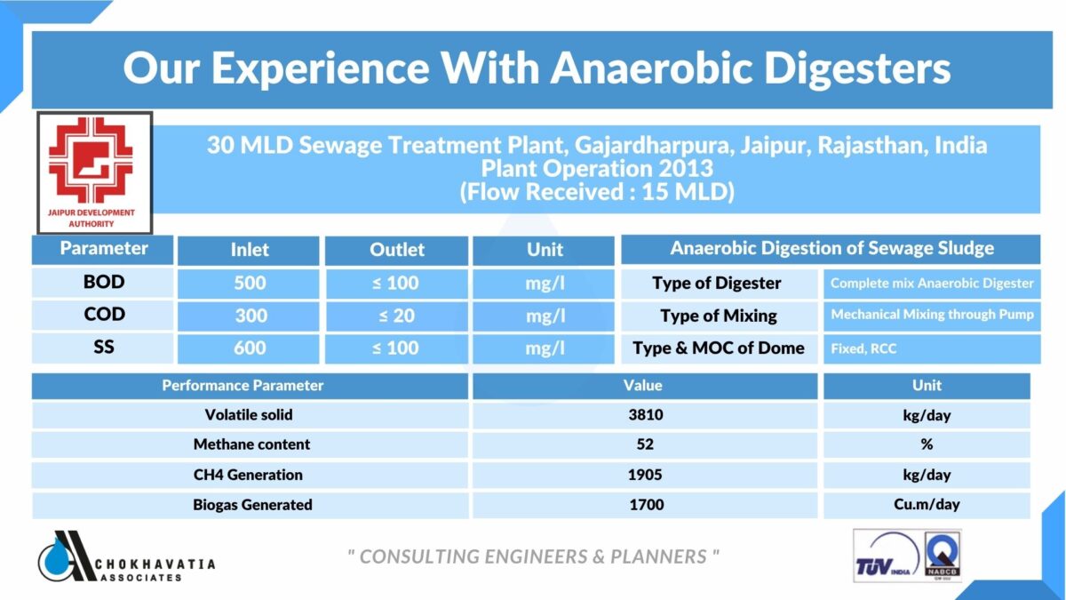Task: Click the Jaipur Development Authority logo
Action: pyautogui.click(x=93, y=172)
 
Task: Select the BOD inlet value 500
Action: pyautogui.click(x=250, y=284)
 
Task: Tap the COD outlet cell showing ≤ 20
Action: pyautogui.click(x=397, y=316)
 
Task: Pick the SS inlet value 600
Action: pyautogui.click(x=250, y=348)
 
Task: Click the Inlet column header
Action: pyautogui.click(x=250, y=251)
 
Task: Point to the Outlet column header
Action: pyautogui.click(x=397, y=251)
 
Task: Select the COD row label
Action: pyautogui.click(x=104, y=315)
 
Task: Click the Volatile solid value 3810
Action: pyautogui.click(x=644, y=415)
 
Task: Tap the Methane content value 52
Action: pyautogui.click(x=644, y=444)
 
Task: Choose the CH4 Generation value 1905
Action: pyautogui.click(x=644, y=475)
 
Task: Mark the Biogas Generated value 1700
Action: pyautogui.click(x=644, y=505)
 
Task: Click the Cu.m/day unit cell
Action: pyautogui.click(x=927, y=505)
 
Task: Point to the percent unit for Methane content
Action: pyautogui.click(x=927, y=444)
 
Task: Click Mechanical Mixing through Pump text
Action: pyautogui.click(x=932, y=315)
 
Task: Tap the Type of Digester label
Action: pyautogui.click(x=717, y=284)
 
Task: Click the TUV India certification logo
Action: pyautogui.click(x=880, y=556)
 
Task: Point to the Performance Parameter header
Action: pyautogui.click(x=242, y=386)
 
